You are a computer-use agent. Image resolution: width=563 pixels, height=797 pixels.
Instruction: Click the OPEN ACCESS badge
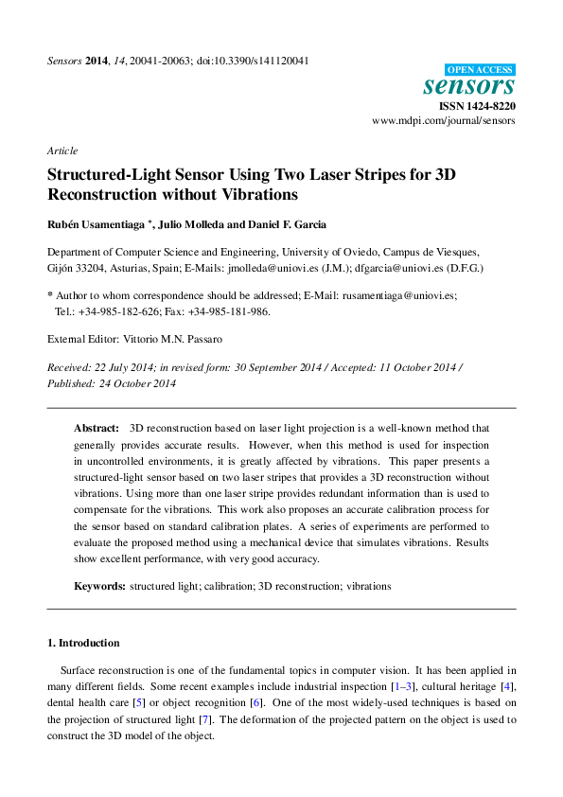(480, 69)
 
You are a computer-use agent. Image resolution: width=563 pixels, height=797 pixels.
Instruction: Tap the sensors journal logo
(468, 86)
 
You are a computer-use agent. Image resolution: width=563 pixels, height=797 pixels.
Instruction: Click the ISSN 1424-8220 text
(478, 106)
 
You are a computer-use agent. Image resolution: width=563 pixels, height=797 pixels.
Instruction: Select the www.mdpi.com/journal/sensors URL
(444, 121)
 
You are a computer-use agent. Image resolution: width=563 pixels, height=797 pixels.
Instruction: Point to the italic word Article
(62, 151)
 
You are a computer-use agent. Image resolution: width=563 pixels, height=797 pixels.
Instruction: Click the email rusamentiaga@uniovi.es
(397, 295)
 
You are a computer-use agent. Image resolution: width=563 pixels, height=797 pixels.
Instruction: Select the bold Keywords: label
(99, 586)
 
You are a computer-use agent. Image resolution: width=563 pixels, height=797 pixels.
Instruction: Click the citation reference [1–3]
(404, 685)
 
